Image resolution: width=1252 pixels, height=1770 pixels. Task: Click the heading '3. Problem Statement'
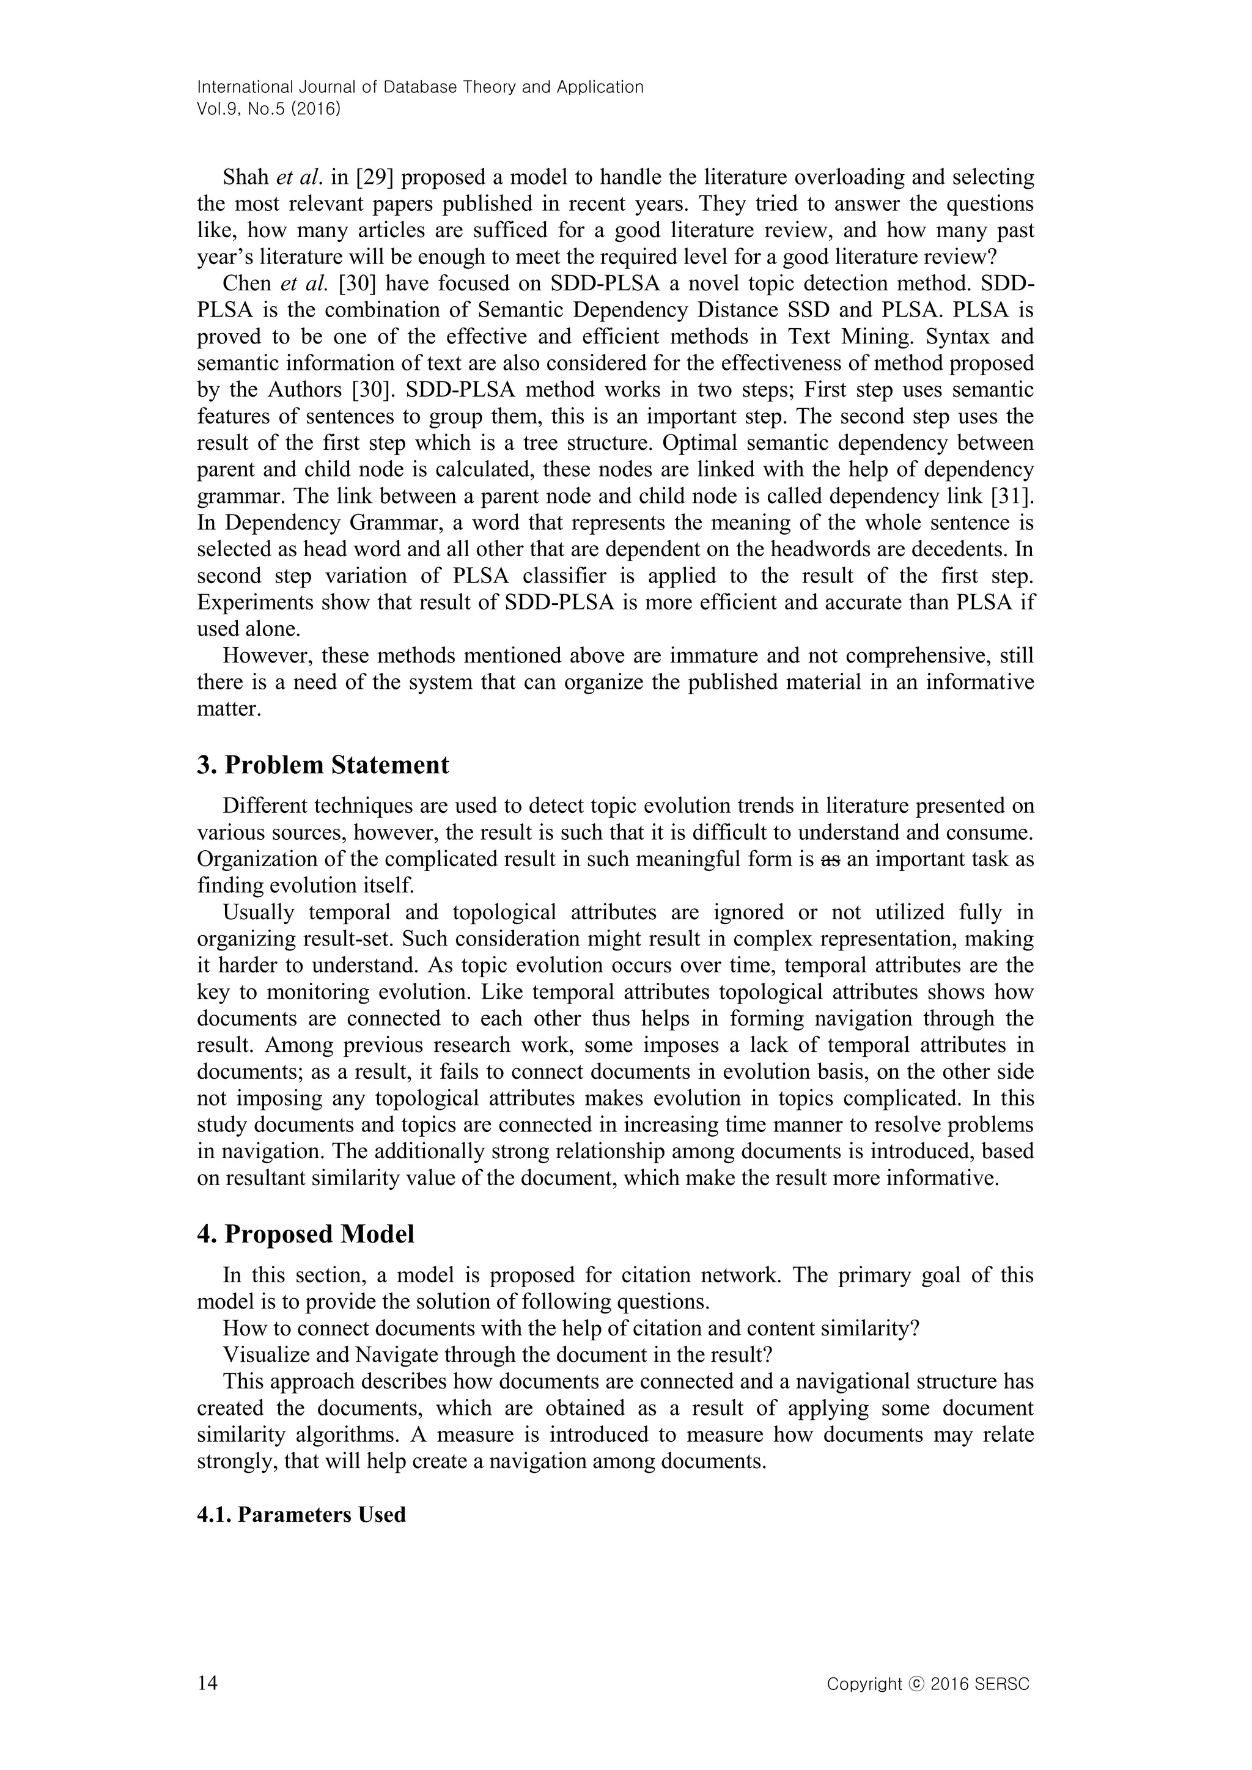(x=323, y=765)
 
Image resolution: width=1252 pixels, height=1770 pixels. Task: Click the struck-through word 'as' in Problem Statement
(x=830, y=859)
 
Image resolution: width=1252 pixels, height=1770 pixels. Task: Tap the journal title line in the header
(x=420, y=87)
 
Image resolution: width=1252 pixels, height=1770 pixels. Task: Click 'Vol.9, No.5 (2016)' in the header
(x=269, y=109)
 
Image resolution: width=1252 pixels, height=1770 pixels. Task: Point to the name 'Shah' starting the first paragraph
(x=245, y=177)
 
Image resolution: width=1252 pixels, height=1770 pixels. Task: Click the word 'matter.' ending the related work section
(x=229, y=709)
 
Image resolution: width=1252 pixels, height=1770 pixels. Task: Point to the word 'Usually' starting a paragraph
(x=258, y=912)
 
